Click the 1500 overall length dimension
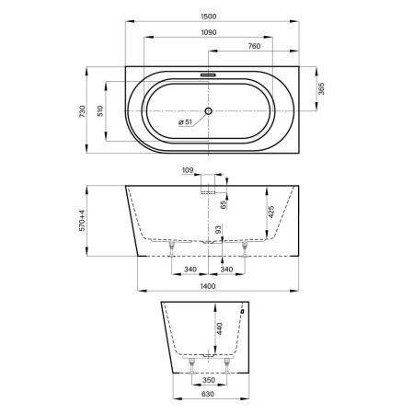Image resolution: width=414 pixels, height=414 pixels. point(209,17)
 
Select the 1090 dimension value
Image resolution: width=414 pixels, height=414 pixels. point(209,32)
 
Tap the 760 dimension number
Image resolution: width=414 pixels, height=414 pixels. point(254,46)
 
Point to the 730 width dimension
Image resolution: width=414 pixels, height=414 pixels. point(82,111)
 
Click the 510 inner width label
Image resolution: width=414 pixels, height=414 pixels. point(100,111)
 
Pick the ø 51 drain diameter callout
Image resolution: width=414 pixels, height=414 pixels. point(185,122)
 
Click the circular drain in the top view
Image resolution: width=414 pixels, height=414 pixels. point(209,110)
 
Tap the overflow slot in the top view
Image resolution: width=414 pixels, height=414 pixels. point(209,75)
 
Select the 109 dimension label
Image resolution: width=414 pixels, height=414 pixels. point(188,170)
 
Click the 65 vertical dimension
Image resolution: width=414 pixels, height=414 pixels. point(224,204)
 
